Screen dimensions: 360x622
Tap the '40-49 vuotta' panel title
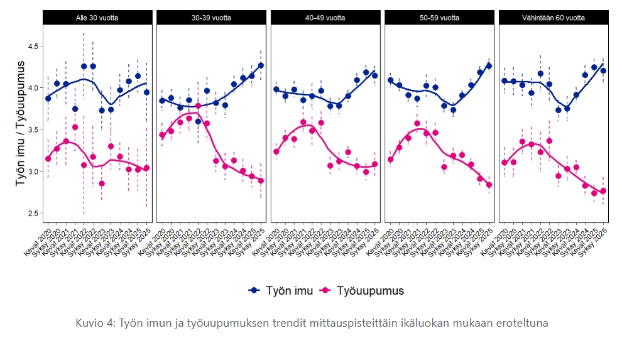click(325, 18)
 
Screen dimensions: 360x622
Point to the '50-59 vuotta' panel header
click(439, 18)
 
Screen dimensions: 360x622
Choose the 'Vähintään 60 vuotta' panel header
click(554, 18)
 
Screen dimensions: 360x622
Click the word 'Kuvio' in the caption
click(89, 323)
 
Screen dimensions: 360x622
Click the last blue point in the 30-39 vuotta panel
click(261, 65)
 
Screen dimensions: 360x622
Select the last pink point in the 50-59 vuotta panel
click(489, 185)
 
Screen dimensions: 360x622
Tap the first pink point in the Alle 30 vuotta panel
click(48, 158)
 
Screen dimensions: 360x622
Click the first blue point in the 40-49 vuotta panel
click(276, 89)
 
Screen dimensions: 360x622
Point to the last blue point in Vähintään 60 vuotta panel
click(603, 71)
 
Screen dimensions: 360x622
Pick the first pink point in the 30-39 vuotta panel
click(162, 135)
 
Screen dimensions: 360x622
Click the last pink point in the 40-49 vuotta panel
click(375, 164)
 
